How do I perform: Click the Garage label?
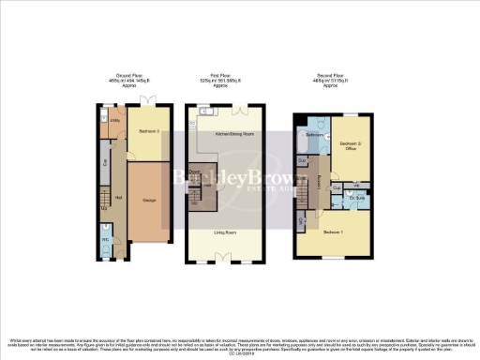[x=149, y=200]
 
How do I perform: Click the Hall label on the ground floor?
[x=118, y=197]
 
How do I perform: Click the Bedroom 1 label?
[x=334, y=231]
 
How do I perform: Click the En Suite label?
[x=356, y=199]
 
